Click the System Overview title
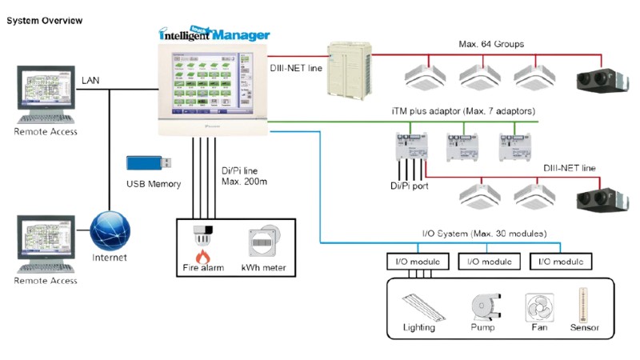click(44, 20)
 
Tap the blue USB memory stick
click(150, 162)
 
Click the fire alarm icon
click(202, 240)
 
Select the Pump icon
click(482, 305)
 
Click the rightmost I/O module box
click(561, 261)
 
